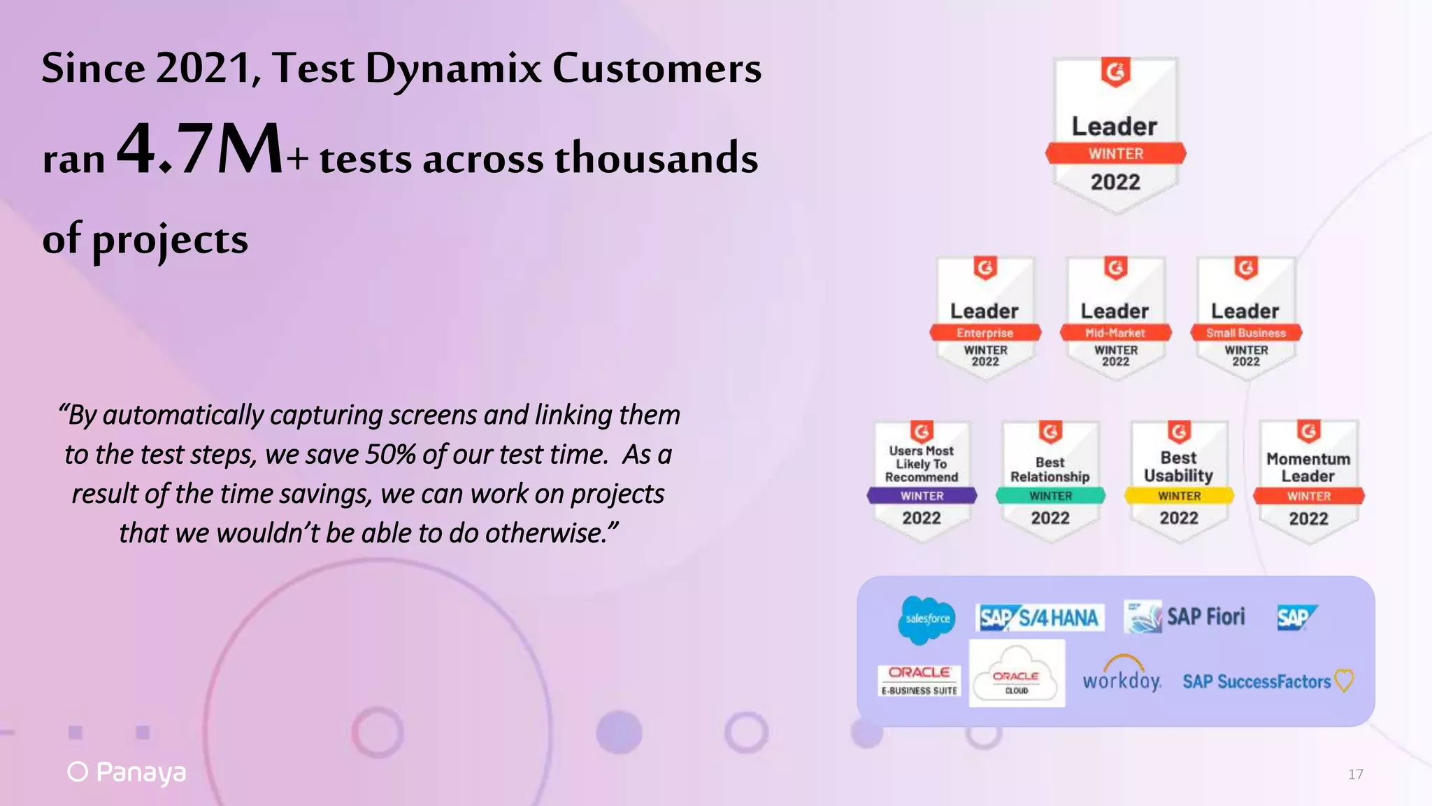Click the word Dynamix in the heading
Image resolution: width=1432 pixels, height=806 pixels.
click(453, 69)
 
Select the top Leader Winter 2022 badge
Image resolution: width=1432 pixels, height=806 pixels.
click(1115, 134)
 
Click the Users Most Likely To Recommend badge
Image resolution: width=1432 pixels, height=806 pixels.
click(922, 481)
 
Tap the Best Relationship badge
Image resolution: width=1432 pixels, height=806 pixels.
click(1050, 481)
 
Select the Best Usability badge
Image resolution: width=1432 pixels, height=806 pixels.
click(1179, 481)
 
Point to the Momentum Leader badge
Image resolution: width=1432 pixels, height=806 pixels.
click(1308, 481)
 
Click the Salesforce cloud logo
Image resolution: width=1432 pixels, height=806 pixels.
click(927, 619)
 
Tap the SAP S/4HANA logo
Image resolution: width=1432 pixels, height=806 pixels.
click(1040, 618)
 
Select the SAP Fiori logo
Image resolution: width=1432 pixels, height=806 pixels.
click(1185, 617)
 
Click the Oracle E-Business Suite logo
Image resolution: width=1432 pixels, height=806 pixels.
click(919, 681)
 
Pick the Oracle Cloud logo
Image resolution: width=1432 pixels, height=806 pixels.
click(1017, 673)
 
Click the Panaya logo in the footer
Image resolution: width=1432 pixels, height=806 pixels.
click(127, 772)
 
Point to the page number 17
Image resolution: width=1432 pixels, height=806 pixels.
click(1355, 774)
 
